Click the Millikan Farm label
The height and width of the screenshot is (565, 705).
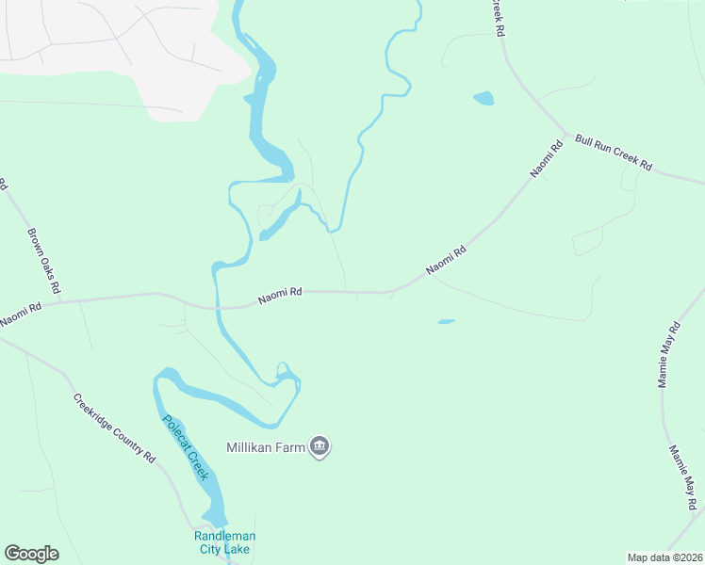tap(266, 447)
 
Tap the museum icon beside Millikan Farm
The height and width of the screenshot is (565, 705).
tap(320, 446)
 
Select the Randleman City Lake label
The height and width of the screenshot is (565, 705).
tap(224, 542)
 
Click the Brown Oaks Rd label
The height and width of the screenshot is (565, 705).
tap(43, 259)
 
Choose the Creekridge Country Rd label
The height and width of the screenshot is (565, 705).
tap(113, 427)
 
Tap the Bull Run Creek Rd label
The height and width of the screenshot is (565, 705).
tap(614, 153)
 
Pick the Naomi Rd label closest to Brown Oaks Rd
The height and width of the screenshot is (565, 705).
tap(21, 314)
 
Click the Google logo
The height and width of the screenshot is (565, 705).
tap(31, 554)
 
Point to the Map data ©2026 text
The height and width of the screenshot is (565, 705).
tap(664, 557)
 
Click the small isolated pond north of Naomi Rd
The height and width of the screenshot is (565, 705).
tap(483, 98)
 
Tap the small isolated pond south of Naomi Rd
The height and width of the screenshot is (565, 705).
tap(446, 321)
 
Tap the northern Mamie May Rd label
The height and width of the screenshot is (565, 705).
tap(669, 357)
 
